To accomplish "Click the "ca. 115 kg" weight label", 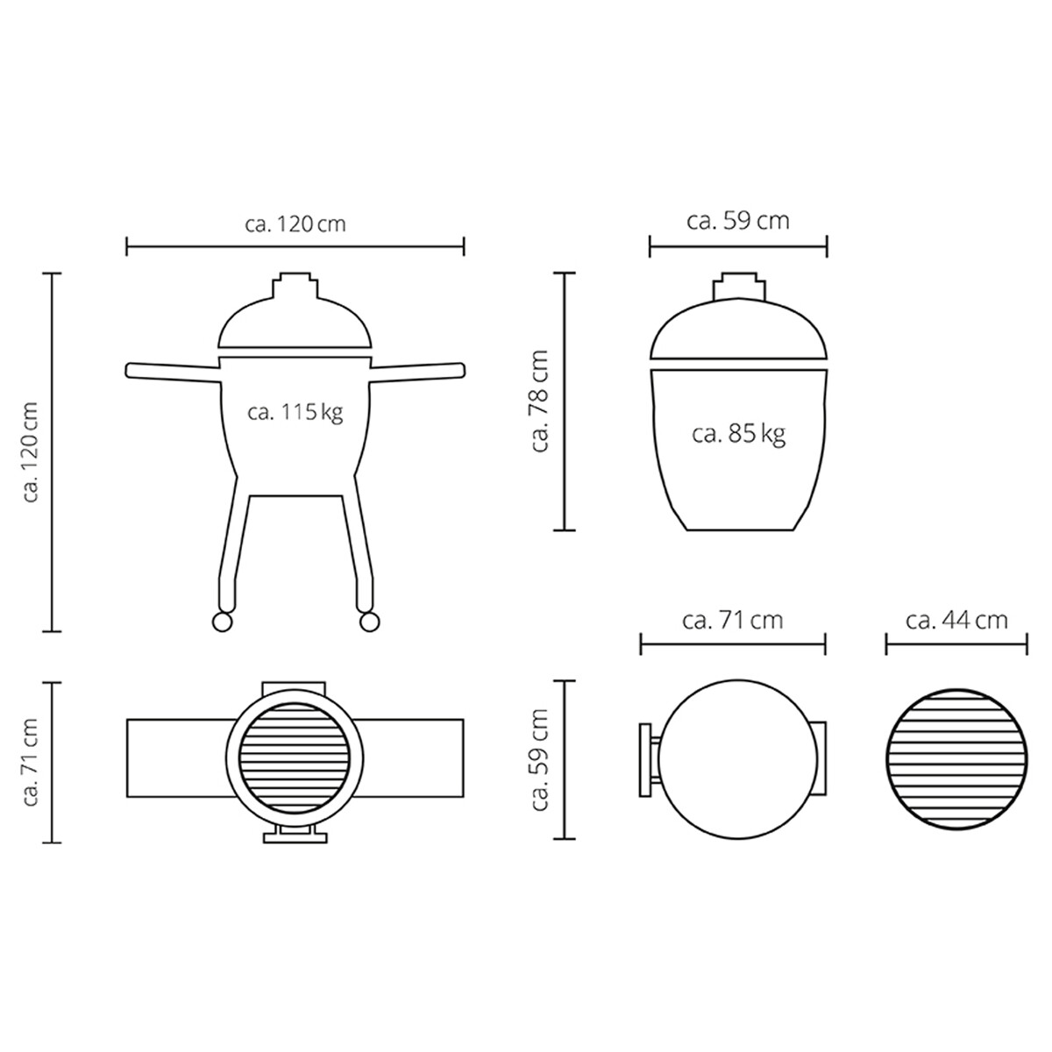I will [295, 412].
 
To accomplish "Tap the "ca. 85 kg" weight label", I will [738, 433].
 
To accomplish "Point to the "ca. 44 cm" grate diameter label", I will [956, 621].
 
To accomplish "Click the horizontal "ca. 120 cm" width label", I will [295, 224].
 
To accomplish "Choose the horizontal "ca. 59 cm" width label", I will [738, 220].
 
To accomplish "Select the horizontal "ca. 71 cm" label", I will [732, 621].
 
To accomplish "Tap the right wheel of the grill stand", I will [369, 622].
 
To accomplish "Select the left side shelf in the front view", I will [171, 370].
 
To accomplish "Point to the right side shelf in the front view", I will [419, 370].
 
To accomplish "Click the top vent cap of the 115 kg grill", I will [295, 287].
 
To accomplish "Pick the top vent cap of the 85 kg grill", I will [738, 288].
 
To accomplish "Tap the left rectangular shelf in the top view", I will [175, 758].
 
